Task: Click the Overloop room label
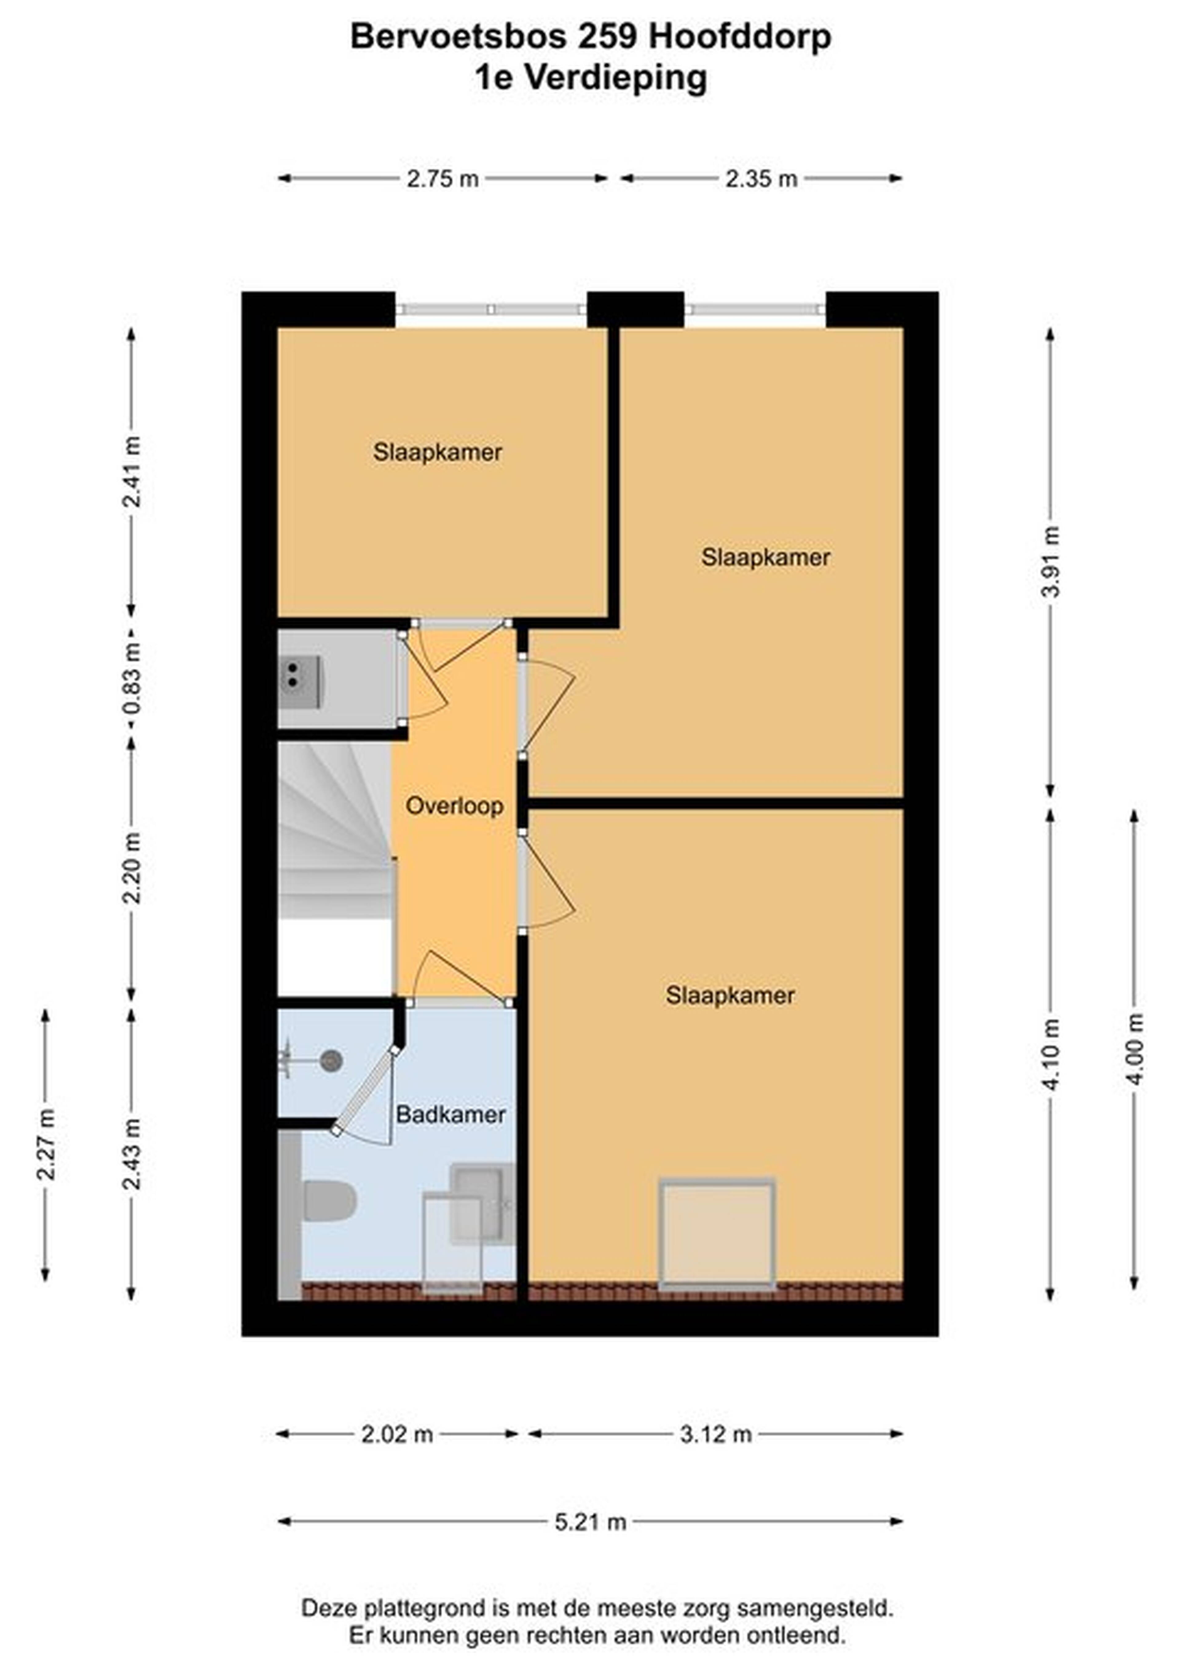454,806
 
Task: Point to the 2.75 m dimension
442,178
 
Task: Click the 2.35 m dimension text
761,178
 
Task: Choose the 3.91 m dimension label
1051,561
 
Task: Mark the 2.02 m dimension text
397,1434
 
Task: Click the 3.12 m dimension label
715,1434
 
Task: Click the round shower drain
332,1061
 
